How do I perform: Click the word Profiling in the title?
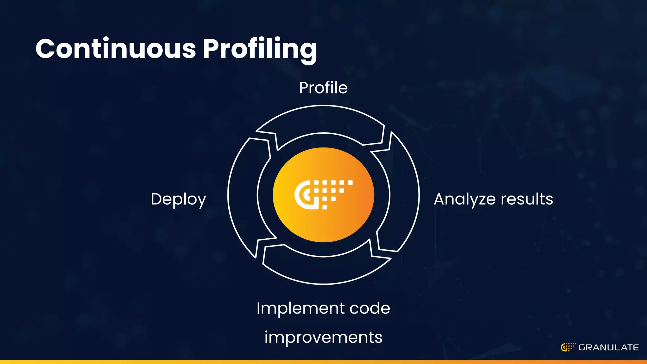(260, 49)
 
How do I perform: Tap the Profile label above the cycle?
(323, 88)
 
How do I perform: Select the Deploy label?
(178, 199)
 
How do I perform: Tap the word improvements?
(323, 337)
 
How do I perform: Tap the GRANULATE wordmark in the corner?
(608, 348)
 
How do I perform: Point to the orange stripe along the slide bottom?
(323, 362)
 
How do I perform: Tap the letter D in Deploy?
(157, 199)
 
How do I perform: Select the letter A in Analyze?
(440, 199)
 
